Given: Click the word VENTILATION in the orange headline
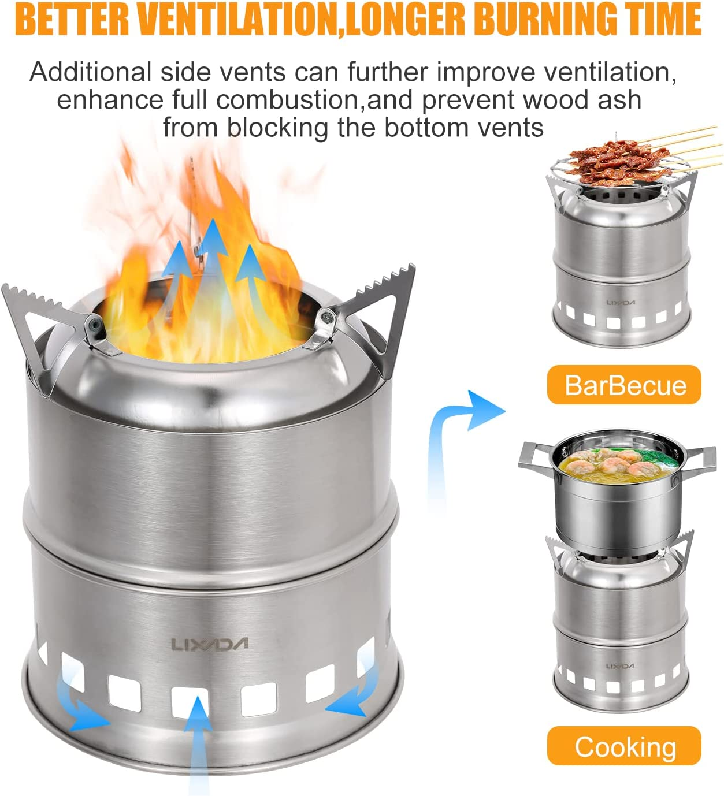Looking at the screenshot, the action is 237,18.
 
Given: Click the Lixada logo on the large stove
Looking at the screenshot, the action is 210,644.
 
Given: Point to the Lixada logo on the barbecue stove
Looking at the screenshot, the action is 621,303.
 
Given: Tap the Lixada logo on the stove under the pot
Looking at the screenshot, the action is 620,666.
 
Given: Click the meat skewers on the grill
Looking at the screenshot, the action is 619,159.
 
